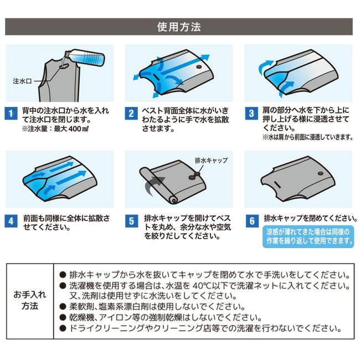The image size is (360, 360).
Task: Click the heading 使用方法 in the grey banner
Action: (179, 27)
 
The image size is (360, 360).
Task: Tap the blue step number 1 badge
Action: (11, 114)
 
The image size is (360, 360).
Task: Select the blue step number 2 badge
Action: (131, 114)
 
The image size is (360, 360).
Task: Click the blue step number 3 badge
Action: (251, 114)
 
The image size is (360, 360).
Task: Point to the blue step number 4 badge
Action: (11, 221)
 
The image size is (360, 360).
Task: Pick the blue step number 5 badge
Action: (131, 221)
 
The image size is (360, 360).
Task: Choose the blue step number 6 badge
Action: (252, 221)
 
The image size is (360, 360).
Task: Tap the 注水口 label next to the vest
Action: (22, 81)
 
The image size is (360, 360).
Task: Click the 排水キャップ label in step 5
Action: (211, 160)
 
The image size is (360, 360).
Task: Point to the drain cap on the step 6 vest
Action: (321, 174)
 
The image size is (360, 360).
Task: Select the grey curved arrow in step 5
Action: (153, 185)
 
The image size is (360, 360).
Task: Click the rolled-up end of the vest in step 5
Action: (173, 199)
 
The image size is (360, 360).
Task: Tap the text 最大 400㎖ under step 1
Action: (71, 129)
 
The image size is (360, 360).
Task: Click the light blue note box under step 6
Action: (308, 236)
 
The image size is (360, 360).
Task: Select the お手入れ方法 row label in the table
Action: (30, 300)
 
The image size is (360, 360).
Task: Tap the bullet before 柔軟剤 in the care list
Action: (63, 306)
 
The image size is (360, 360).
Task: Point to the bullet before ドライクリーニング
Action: (63, 328)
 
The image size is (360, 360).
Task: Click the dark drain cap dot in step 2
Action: (199, 67)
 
